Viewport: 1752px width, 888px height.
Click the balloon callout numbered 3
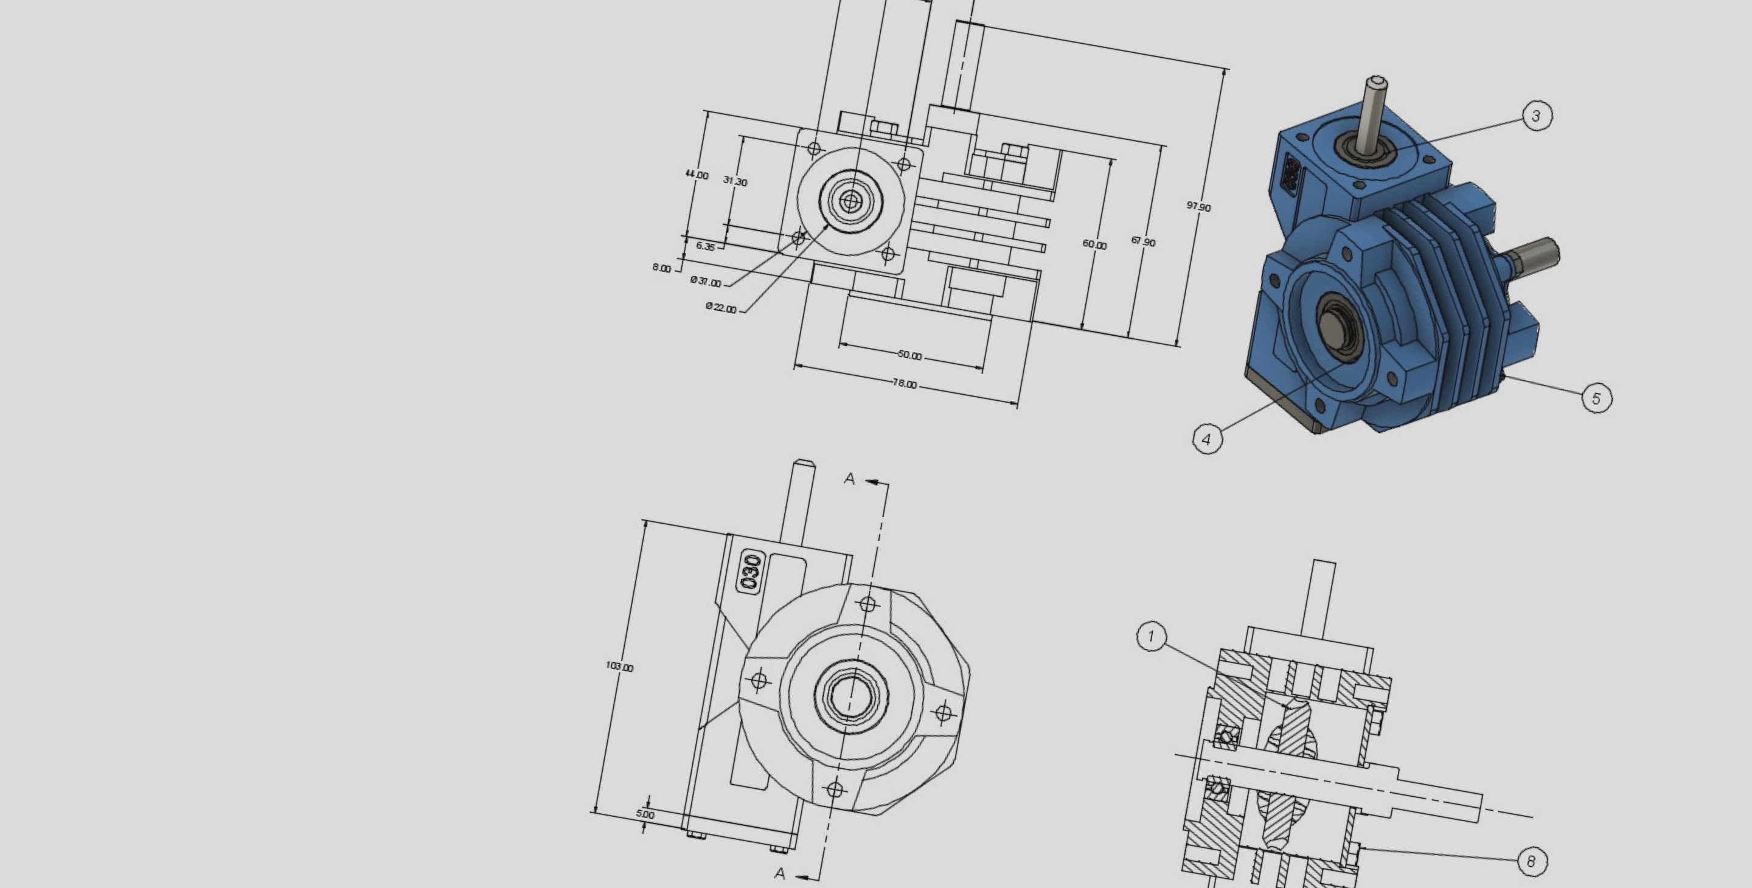[1535, 116]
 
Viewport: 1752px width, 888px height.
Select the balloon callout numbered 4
[1207, 439]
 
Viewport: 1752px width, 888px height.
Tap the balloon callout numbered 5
[1596, 398]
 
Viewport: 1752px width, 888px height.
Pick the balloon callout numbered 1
[1151, 636]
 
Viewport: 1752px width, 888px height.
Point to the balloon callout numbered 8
[1531, 861]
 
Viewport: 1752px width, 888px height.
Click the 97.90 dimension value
[1198, 207]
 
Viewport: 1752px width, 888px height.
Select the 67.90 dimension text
[1142, 241]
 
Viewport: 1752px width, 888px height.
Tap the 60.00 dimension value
[1094, 245]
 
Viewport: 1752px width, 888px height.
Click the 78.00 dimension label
[905, 384]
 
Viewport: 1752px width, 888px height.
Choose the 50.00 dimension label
[909, 355]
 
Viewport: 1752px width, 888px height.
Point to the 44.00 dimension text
[697, 175]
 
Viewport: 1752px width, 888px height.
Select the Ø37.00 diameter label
[705, 282]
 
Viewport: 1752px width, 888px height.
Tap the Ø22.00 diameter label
[721, 308]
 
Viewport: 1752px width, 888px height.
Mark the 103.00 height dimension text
[619, 667]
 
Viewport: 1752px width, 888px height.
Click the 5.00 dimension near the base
[645, 814]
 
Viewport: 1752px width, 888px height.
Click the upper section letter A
[849, 479]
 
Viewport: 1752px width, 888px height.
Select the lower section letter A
[780, 873]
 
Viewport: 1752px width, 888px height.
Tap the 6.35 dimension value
[705, 246]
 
